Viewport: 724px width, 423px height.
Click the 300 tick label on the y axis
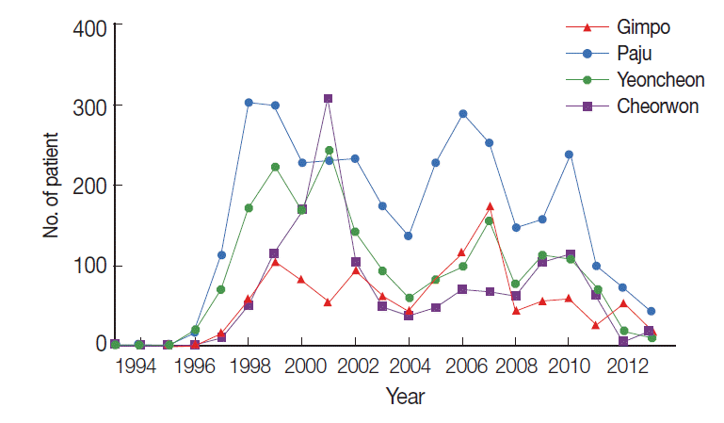coord(88,106)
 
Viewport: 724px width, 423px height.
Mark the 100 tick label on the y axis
coord(88,266)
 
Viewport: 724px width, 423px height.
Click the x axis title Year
coord(405,398)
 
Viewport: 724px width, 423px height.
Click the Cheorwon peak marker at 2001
coord(328,98)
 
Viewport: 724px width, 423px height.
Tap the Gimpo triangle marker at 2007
coord(491,205)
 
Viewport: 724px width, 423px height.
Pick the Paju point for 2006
coord(463,114)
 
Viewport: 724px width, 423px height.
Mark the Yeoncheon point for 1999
coord(275,167)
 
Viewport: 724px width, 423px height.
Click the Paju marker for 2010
coord(570,155)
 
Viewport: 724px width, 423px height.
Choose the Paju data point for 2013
coord(651,311)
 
